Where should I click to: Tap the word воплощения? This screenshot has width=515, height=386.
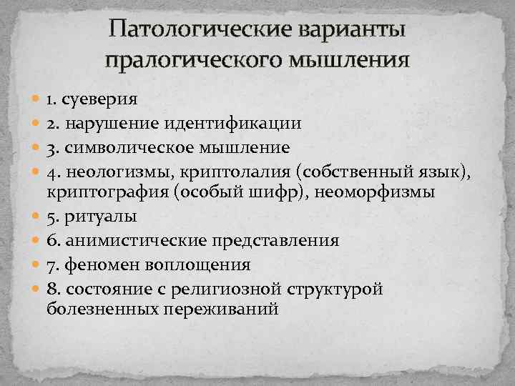tap(197, 264)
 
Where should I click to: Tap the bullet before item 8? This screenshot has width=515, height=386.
tap(37, 289)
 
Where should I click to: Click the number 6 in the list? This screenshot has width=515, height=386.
tap(51, 241)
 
